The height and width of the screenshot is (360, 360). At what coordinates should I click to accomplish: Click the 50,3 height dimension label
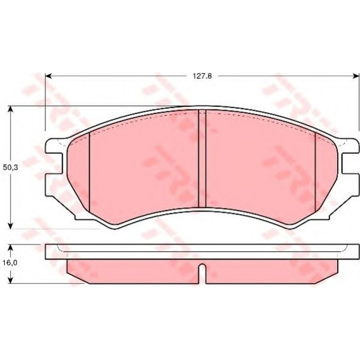coord(10,167)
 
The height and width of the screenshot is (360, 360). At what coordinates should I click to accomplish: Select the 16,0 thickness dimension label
coord(10,263)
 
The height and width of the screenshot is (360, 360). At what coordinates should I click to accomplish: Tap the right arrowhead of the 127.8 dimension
coord(356,76)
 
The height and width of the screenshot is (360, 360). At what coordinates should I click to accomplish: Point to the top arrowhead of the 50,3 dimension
coord(10,109)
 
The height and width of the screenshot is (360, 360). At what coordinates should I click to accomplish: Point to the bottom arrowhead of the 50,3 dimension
coord(10,225)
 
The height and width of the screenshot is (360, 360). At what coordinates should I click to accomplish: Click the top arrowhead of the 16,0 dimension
coord(10,247)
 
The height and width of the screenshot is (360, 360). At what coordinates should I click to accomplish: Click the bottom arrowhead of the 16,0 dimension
coord(10,280)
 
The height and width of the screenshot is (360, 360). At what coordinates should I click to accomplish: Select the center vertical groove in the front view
coord(202,158)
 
